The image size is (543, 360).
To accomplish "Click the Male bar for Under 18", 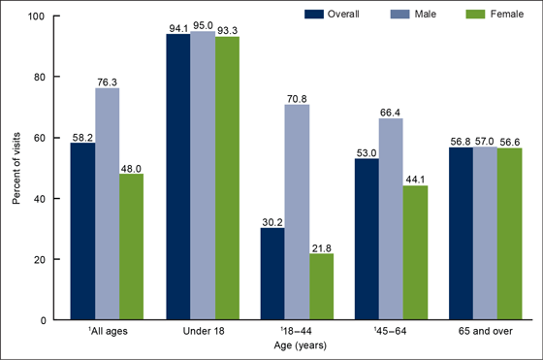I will pos(201,175).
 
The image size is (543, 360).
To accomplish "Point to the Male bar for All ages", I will pos(106,204).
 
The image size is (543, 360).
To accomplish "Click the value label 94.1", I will pos(177,26).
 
